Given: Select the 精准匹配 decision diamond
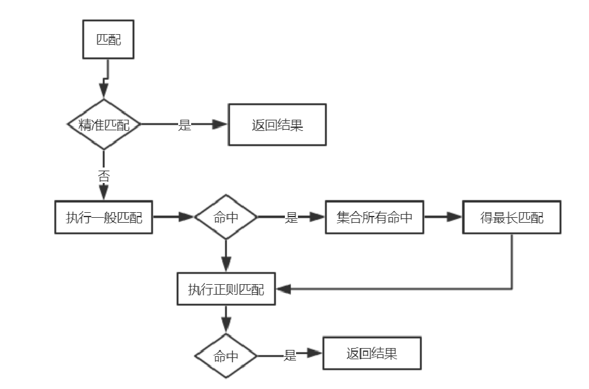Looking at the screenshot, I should pos(104,125).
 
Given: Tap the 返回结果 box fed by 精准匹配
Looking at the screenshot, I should pos(277,125).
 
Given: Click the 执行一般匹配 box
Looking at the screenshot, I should pos(104,217).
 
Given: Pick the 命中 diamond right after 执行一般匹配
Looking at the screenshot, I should pos(226,217).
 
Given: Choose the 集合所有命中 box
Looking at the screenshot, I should pos(374,217).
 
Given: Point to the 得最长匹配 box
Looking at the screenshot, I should pos(511,217).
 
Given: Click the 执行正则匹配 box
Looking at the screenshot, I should pos(225,289).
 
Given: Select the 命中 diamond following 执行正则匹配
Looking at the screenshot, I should pos(226,357).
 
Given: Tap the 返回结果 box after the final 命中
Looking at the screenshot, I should pos(372,354).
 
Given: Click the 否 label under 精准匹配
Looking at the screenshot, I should pos(104,176).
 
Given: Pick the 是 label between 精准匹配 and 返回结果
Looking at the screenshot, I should pos(184,125).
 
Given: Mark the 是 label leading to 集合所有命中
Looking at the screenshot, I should pos(291,218).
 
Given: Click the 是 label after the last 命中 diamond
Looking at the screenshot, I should pos(290,356).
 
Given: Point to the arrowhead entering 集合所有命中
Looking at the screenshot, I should pos(318,217).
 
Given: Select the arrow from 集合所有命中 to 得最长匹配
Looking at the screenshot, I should pos(443,217).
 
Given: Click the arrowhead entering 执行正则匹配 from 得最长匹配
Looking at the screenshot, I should pos(282,288).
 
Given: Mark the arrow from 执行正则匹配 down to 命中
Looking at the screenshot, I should pos(226,320).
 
